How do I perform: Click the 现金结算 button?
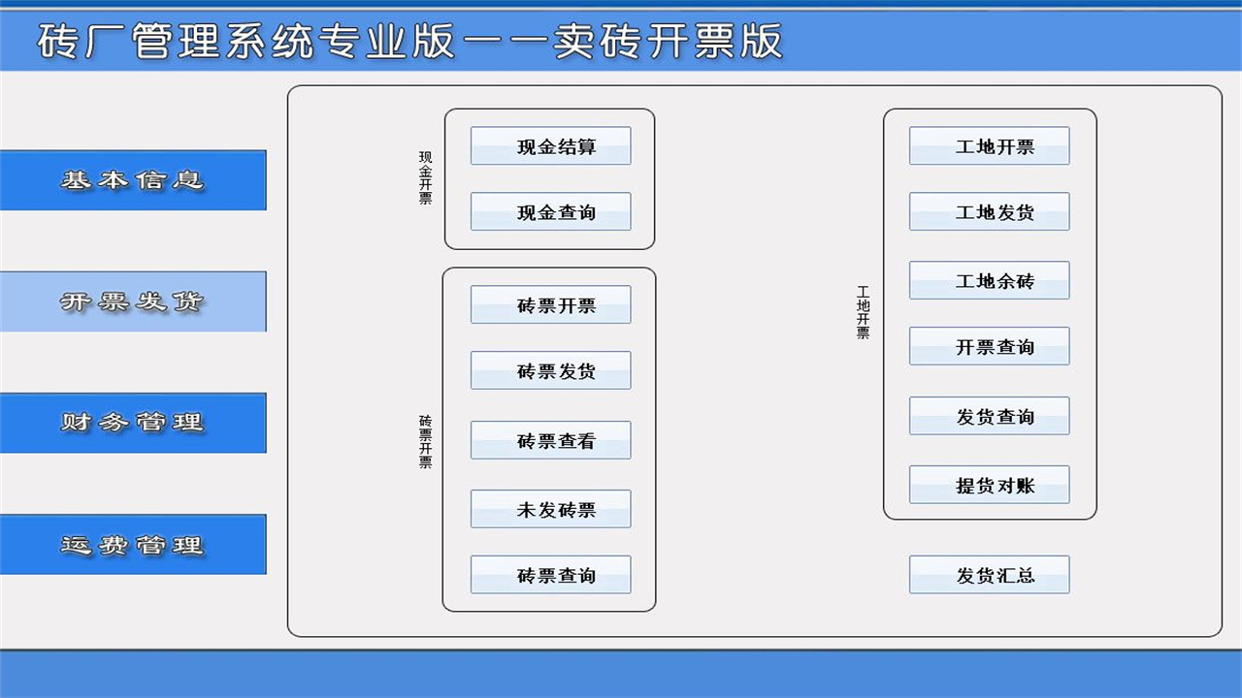tap(550, 146)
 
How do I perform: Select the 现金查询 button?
tap(550, 212)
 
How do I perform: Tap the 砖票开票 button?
tap(550, 305)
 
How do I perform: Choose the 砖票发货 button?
tap(550, 370)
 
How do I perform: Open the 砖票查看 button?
tap(550, 440)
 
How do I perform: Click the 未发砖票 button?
tap(550, 509)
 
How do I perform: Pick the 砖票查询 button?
tap(550, 575)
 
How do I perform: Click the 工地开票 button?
tap(989, 146)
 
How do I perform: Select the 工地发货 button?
tap(989, 211)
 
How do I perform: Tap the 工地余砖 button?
tap(989, 280)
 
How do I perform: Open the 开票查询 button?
tap(989, 346)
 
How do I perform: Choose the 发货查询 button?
tap(989, 416)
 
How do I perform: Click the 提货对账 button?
tap(989, 485)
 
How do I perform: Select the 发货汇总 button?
tap(989, 575)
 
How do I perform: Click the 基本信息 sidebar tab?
tap(133, 180)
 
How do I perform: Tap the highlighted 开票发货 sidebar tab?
tap(133, 301)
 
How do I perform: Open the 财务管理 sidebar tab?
tap(133, 423)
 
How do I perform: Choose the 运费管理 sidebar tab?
tap(133, 545)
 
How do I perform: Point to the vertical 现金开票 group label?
tap(426, 177)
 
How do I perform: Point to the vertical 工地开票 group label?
tap(863, 311)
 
